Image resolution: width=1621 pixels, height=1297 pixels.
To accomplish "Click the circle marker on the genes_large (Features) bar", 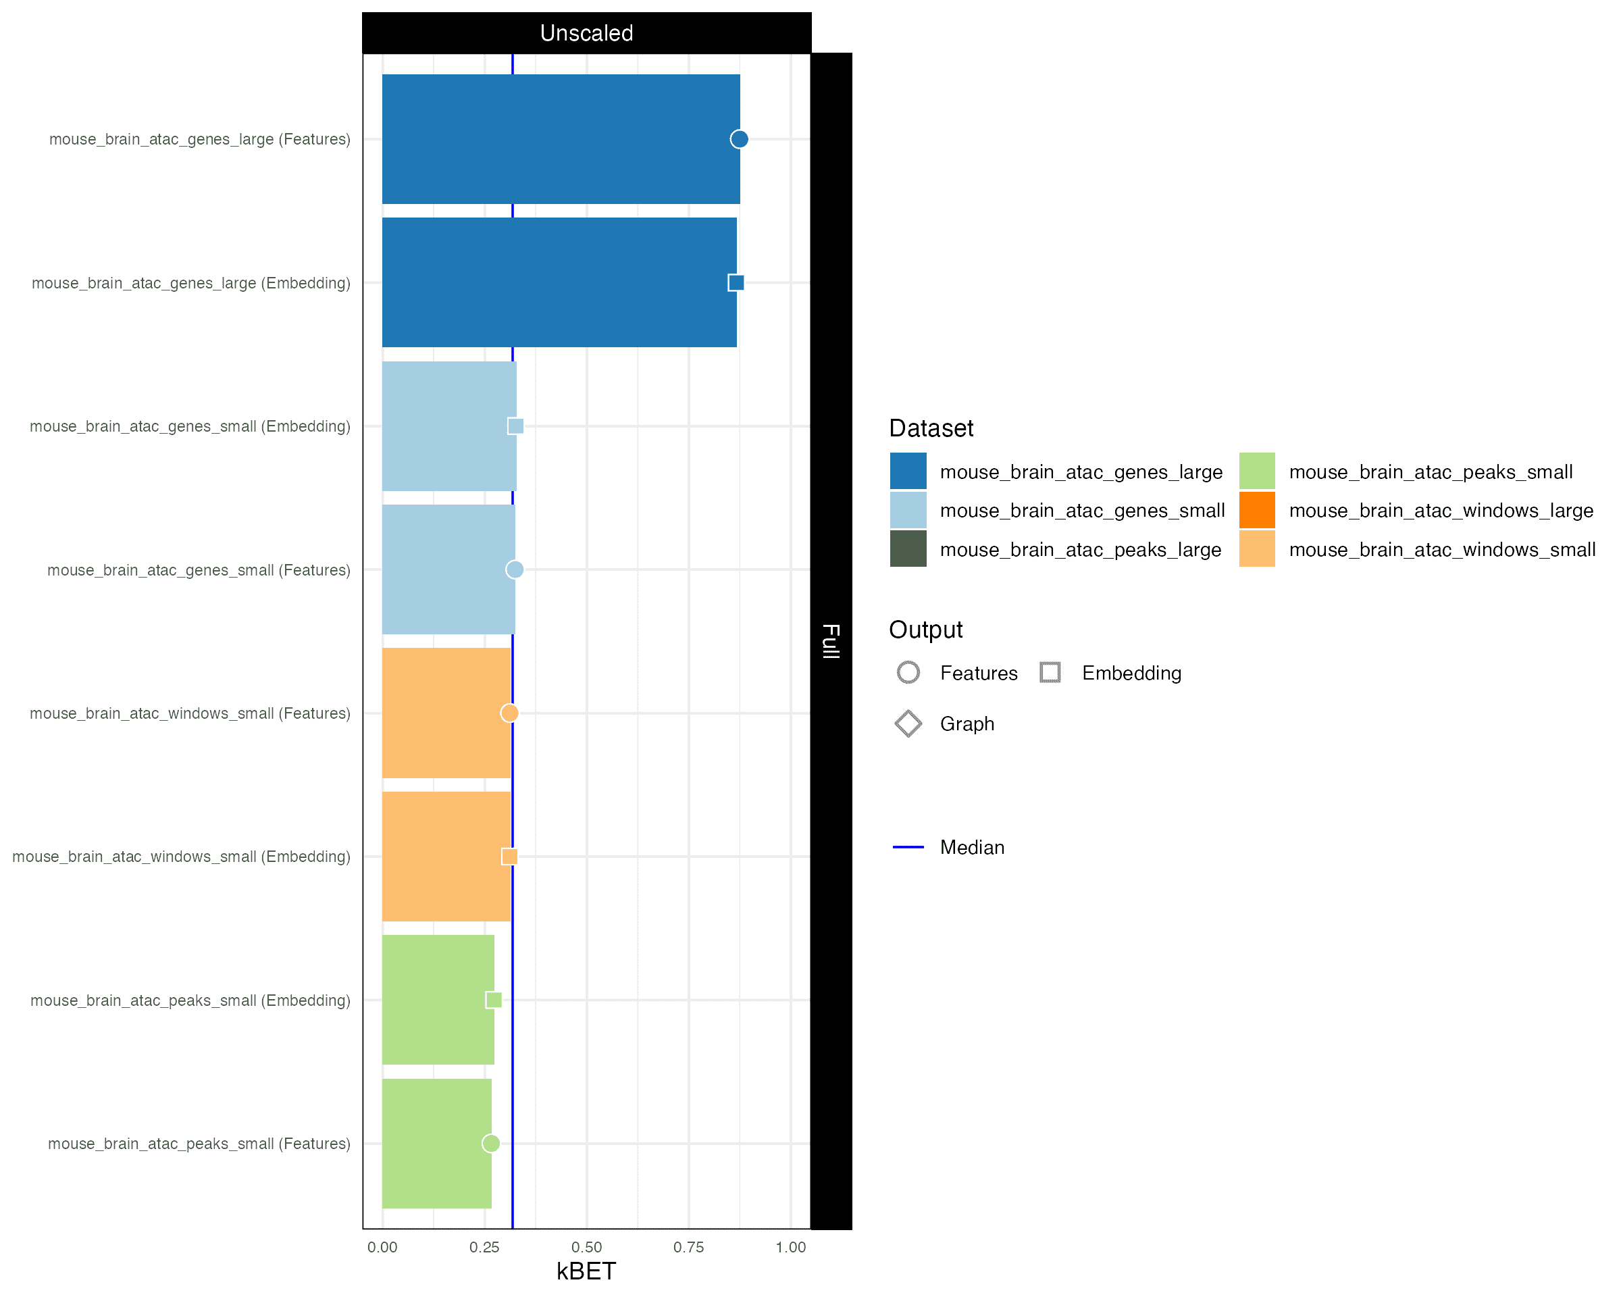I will [x=739, y=139].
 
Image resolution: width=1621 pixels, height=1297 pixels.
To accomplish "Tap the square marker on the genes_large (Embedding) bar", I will [x=736, y=283].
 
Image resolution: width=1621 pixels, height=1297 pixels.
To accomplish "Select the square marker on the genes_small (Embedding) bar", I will [x=516, y=426].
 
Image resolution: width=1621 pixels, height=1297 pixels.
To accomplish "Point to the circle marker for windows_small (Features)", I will [x=510, y=713].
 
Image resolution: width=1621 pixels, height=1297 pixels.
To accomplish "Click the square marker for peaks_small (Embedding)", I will [x=494, y=1000].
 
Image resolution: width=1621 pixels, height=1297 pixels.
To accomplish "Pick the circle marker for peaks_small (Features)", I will [x=491, y=1144].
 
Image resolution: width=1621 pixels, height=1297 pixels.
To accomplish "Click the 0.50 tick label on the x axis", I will [x=586, y=1248].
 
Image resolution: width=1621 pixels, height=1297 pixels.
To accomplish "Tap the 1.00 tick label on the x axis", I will [x=791, y=1248].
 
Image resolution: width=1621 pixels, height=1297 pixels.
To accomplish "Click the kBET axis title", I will [x=586, y=1271].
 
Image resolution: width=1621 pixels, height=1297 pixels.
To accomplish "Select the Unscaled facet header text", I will [x=586, y=33].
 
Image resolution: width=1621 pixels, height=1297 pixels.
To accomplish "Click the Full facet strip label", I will [x=831, y=641].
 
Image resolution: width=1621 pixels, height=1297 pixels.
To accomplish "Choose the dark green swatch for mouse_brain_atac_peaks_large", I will [x=908, y=549].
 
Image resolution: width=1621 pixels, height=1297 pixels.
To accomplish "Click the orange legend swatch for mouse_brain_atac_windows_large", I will [x=1257, y=511].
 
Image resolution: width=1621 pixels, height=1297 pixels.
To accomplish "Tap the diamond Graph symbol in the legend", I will [x=908, y=724].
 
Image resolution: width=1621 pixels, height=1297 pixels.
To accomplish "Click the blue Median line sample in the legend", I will [x=908, y=847].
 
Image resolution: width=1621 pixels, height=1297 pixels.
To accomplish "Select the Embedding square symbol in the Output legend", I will [x=1050, y=672].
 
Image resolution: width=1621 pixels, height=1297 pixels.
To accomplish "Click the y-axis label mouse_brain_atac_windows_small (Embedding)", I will [x=181, y=857].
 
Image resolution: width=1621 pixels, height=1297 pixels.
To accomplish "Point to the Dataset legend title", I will [x=931, y=428].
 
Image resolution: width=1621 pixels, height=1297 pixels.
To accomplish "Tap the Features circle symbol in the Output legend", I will [x=908, y=672].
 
